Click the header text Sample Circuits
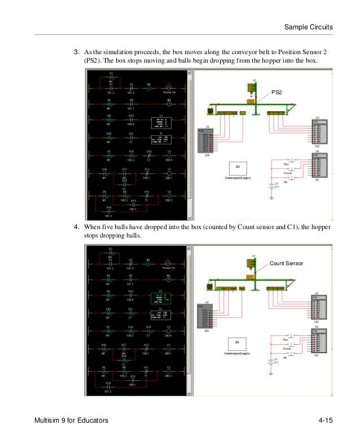coord(308,27)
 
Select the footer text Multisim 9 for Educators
coord(71,421)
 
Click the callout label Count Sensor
coord(287,263)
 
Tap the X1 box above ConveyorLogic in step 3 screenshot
coord(239,168)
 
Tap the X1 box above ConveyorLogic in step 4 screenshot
coord(238,342)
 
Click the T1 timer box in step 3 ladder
coord(161,139)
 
